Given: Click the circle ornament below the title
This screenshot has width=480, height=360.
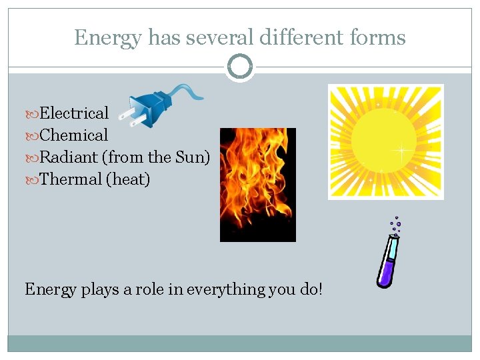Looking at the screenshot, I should coord(240,67).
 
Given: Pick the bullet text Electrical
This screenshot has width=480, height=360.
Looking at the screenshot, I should coord(74,113).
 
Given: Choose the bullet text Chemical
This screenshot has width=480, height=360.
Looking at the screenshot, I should coord(73,135).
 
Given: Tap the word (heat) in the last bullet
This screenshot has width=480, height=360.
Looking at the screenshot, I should coord(128,179).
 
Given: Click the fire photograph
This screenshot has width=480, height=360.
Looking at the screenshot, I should coord(258,185).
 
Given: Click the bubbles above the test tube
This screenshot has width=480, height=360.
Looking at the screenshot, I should coord(396,225).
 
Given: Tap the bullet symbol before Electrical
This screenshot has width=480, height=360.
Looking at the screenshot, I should coord(34,114).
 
